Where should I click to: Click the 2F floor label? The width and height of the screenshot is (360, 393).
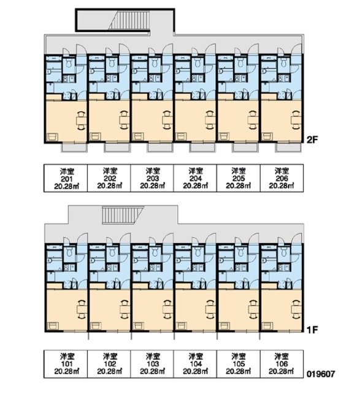point(312,139)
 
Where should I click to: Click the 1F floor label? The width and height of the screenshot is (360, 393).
point(312,330)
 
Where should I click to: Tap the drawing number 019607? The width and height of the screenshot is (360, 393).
point(321,374)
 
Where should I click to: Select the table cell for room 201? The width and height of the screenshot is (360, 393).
point(66,178)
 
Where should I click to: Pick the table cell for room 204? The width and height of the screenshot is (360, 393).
point(195,178)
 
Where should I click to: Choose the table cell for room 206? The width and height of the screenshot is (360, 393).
point(282,178)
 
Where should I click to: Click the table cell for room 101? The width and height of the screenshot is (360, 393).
point(66,364)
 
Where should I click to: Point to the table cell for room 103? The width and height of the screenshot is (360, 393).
point(152,364)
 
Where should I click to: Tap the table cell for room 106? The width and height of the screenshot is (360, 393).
point(282,364)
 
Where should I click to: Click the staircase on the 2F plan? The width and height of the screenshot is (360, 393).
point(129,20)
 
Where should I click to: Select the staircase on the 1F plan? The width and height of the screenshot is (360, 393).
point(123,215)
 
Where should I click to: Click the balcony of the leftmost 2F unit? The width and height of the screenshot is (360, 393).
point(74,147)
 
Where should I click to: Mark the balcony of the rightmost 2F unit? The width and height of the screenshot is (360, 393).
point(288,147)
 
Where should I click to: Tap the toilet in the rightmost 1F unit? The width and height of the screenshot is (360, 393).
point(283,252)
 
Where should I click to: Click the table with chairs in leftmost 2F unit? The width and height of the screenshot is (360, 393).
point(81,120)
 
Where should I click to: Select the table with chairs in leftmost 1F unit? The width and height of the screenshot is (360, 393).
point(81,309)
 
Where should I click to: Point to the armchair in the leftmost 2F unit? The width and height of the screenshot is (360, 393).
point(52,136)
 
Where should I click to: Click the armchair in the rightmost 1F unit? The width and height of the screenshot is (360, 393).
point(267,326)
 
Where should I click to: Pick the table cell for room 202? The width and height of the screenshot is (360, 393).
point(109,178)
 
